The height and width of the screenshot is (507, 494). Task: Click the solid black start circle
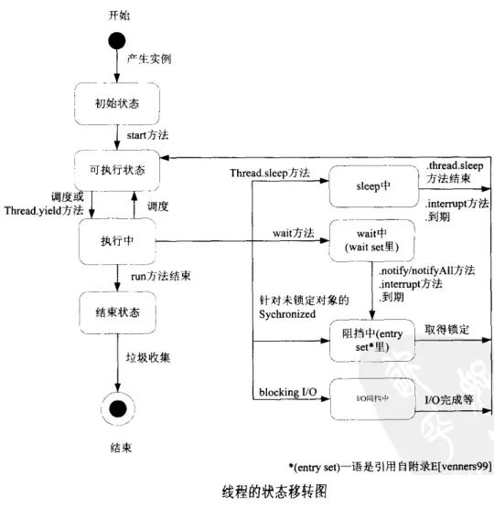point(115,42)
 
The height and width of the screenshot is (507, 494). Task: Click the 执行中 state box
point(115,242)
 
